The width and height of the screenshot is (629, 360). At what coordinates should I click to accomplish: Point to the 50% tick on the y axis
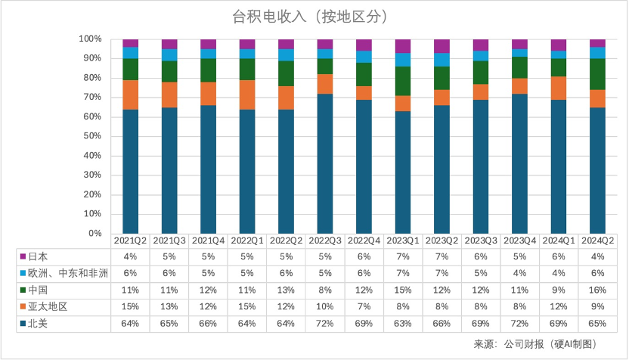coord(91,136)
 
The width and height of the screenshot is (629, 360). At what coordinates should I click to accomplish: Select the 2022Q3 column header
coord(325,241)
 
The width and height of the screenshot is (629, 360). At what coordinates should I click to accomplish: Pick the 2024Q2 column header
coord(596,241)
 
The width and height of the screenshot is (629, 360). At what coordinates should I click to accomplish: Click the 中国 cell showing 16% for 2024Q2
coord(596,290)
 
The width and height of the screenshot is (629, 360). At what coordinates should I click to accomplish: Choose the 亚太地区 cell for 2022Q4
coord(364,306)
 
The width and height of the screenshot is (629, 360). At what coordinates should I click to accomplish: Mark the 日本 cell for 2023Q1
coord(402,256)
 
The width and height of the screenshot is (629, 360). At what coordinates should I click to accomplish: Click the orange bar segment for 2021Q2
coord(131,95)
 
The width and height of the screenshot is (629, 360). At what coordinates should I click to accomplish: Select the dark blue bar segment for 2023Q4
coord(519,163)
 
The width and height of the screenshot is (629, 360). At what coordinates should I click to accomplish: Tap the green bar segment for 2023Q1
coord(403,81)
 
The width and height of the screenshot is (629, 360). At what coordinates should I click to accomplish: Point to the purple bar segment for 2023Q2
coord(442,46)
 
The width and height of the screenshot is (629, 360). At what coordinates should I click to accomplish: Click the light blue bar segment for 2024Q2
coord(596,52)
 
